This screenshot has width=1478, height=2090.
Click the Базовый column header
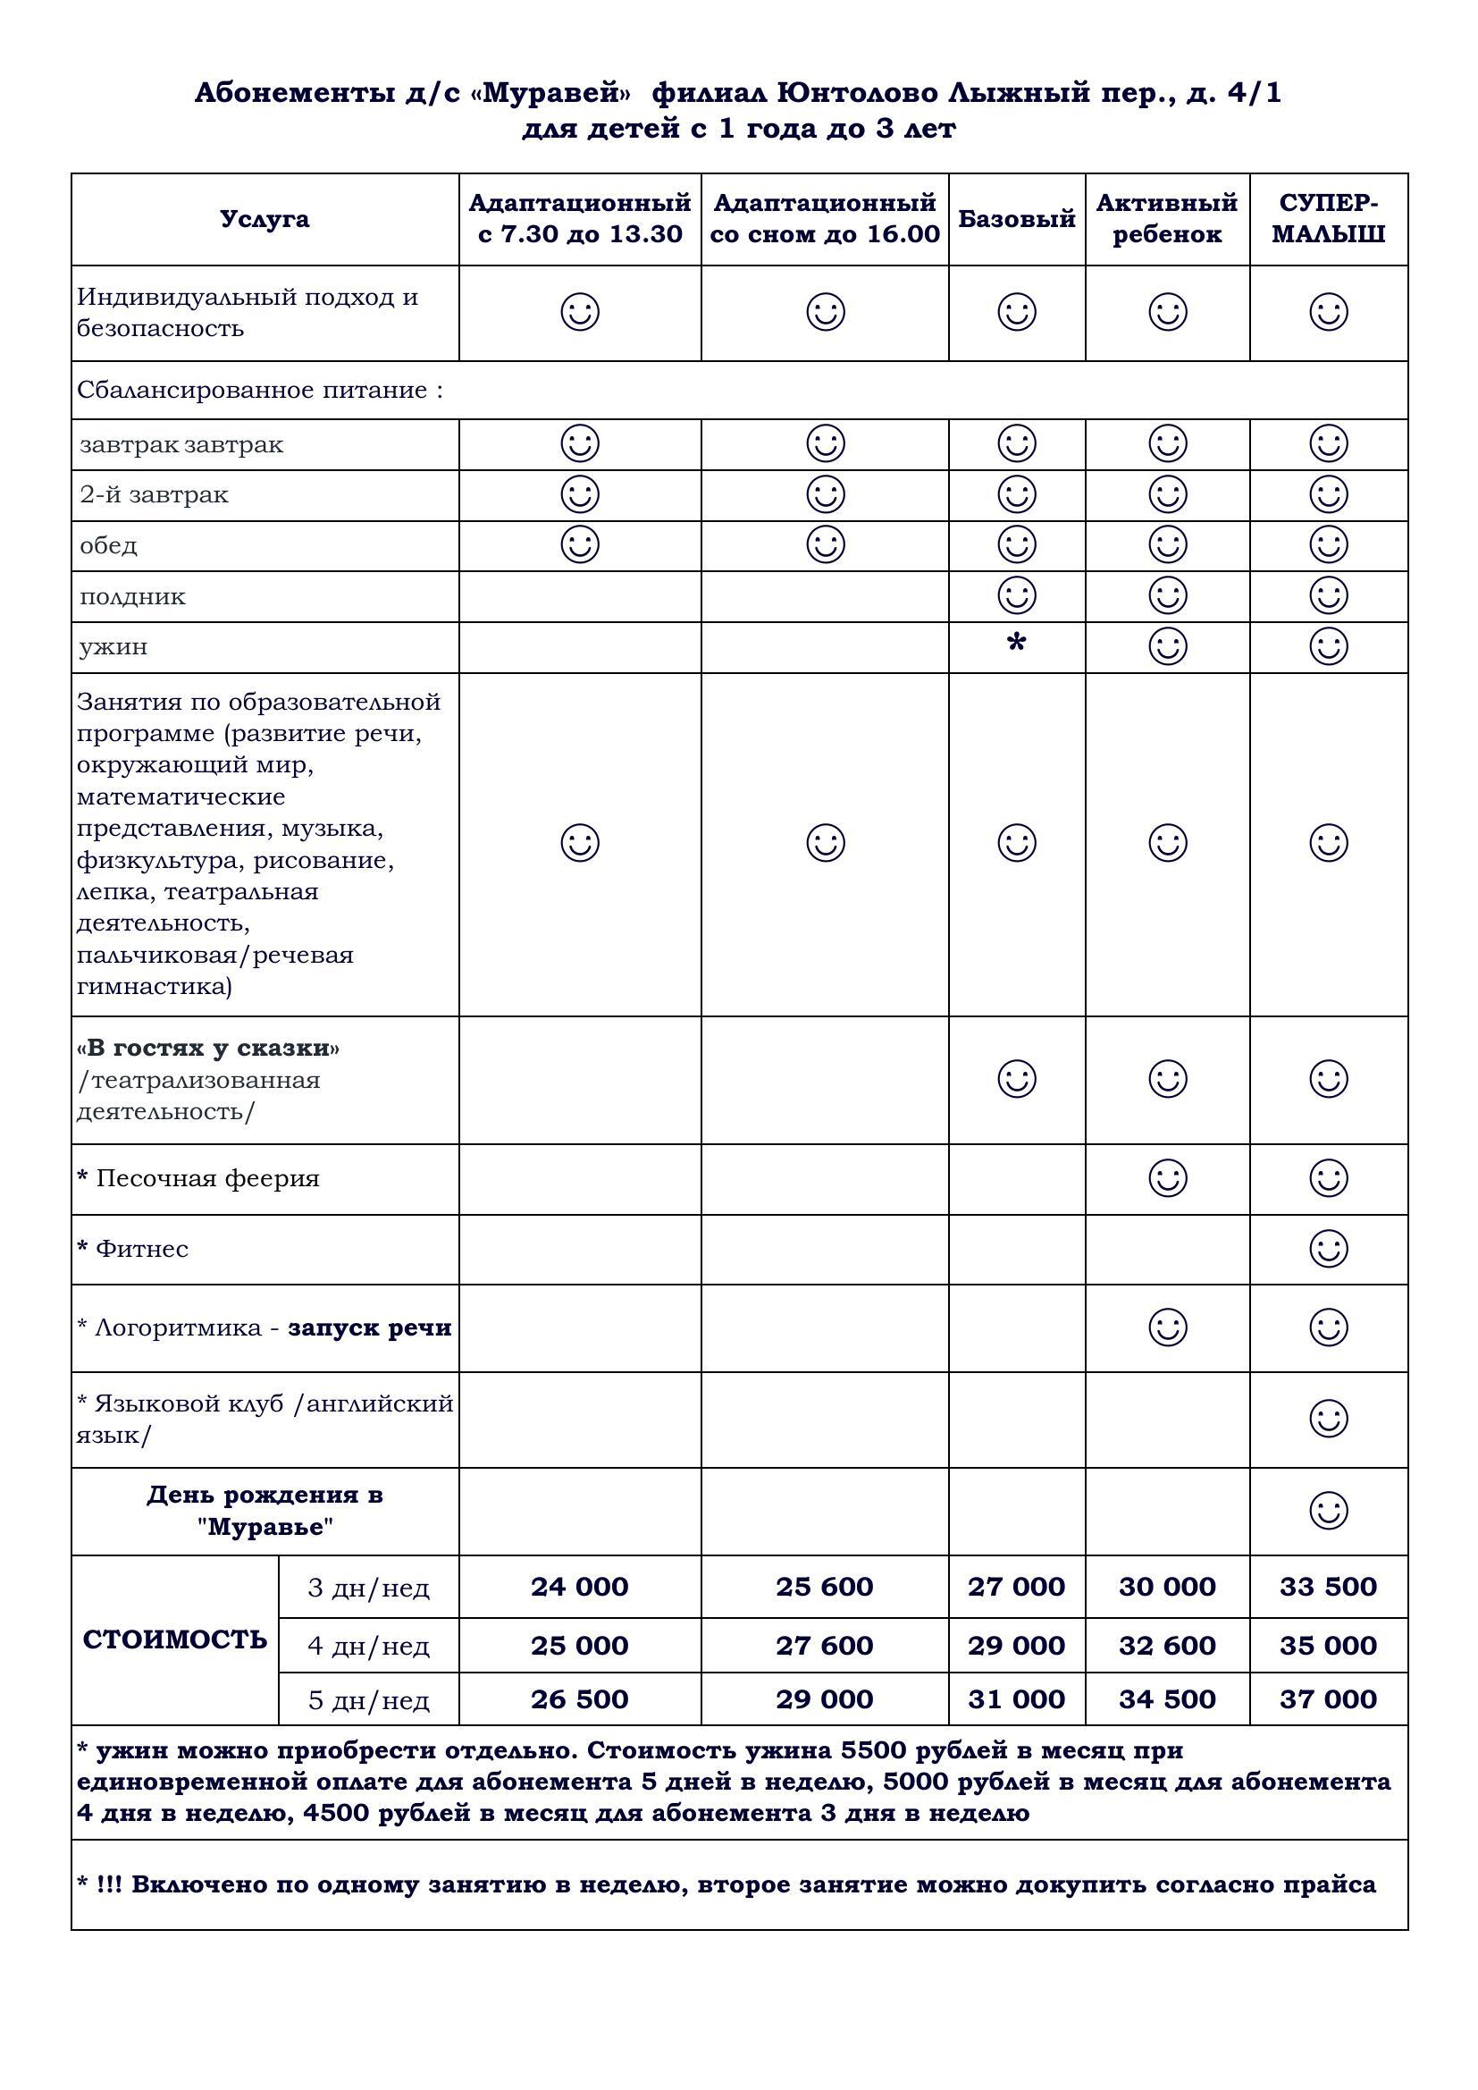click(1017, 219)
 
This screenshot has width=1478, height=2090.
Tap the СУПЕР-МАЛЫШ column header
click(1328, 219)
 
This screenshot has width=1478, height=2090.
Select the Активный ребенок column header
click(1167, 219)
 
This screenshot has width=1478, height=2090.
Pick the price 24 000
click(580, 1587)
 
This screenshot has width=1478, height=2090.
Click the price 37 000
click(1328, 1698)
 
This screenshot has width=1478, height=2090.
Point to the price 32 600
click(1167, 1645)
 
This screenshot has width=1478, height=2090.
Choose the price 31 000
click(1017, 1698)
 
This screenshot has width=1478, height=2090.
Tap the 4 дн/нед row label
click(368, 1646)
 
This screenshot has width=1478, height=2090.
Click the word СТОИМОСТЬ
click(175, 1640)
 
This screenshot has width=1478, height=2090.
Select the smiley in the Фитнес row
click(1328, 1248)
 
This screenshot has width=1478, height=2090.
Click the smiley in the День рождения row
click(1328, 1510)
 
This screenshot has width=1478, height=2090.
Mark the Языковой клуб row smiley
click(1328, 1418)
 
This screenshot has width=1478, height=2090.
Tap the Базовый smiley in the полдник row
click(1017, 595)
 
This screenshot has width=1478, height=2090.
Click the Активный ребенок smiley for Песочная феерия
click(1167, 1178)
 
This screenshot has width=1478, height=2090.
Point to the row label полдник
click(133, 597)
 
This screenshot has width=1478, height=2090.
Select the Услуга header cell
click(265, 219)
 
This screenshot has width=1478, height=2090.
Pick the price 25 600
click(825, 1587)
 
